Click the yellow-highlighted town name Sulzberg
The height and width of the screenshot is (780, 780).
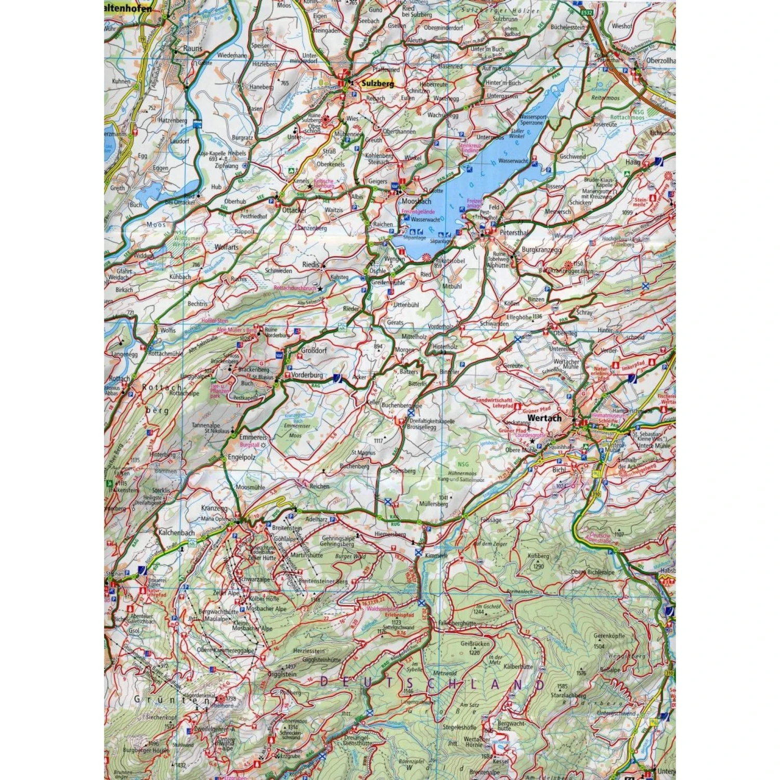378,83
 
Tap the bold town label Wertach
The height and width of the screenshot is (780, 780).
544,418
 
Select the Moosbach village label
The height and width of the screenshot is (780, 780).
416,201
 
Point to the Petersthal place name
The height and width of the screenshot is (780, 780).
513,232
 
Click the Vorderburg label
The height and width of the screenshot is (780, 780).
307,375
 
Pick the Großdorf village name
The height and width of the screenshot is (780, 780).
314,350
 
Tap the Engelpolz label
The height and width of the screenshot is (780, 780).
242,457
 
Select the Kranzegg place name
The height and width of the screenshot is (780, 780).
214,508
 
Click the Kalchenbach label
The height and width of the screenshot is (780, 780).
176,532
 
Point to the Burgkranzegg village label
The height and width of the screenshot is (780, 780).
541,250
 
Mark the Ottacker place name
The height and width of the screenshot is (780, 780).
294,210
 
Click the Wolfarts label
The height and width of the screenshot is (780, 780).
226,248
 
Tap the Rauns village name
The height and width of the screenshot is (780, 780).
193,48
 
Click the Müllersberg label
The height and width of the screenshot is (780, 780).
433,503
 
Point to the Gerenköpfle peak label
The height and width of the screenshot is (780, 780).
609,635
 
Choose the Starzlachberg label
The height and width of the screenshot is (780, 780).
568,695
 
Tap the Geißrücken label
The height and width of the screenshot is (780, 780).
475,643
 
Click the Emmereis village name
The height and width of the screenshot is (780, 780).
253,437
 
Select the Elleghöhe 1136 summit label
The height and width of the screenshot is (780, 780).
524,317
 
